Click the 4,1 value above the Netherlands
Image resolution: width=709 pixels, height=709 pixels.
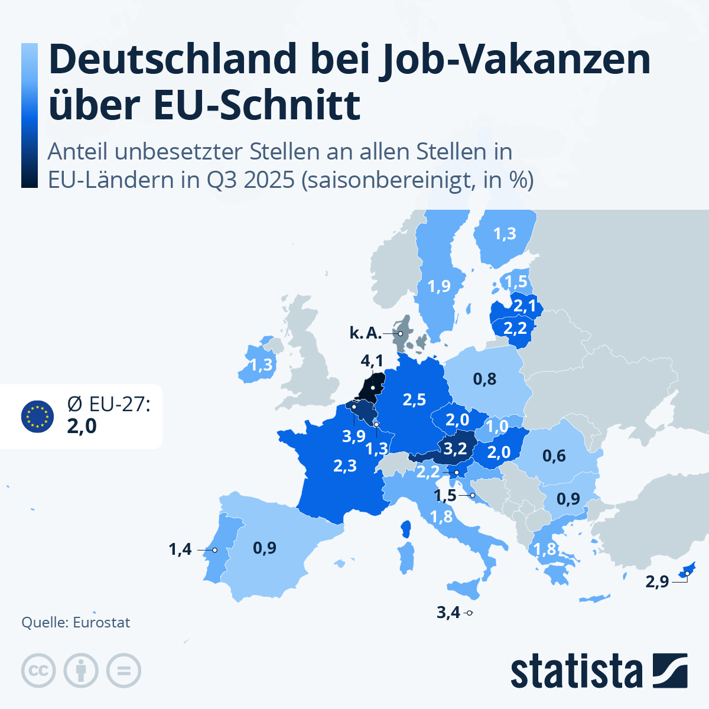[x=372, y=360]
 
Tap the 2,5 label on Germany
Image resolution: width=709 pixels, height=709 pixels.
[x=414, y=400]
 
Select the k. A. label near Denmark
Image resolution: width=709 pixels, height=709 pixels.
[x=365, y=333]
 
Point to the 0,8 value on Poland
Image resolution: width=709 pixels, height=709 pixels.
[x=484, y=379]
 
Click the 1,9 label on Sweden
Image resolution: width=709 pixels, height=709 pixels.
[x=439, y=287]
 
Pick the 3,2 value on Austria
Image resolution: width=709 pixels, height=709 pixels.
[x=455, y=449]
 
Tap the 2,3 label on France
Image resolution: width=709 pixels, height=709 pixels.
[x=345, y=466]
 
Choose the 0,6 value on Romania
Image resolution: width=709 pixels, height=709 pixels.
[x=554, y=456]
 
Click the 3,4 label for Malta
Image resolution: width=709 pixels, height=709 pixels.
[x=448, y=613]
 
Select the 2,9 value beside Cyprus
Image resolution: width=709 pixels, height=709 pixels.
[x=657, y=582]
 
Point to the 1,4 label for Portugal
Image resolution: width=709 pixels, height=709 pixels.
[x=180, y=549]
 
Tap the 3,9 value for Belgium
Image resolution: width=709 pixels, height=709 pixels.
[x=354, y=437]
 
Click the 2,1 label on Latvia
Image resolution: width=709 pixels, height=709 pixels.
[x=525, y=306]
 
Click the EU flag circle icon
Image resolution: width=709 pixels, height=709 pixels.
[x=37, y=417]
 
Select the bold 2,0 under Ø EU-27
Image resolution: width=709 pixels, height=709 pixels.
[x=82, y=426]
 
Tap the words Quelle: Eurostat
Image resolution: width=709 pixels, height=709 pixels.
[x=76, y=623]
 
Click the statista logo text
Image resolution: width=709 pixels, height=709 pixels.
[x=576, y=671]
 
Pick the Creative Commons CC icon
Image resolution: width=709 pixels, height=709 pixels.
[x=38, y=671]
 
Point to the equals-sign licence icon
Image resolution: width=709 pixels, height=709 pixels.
[x=124, y=671]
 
